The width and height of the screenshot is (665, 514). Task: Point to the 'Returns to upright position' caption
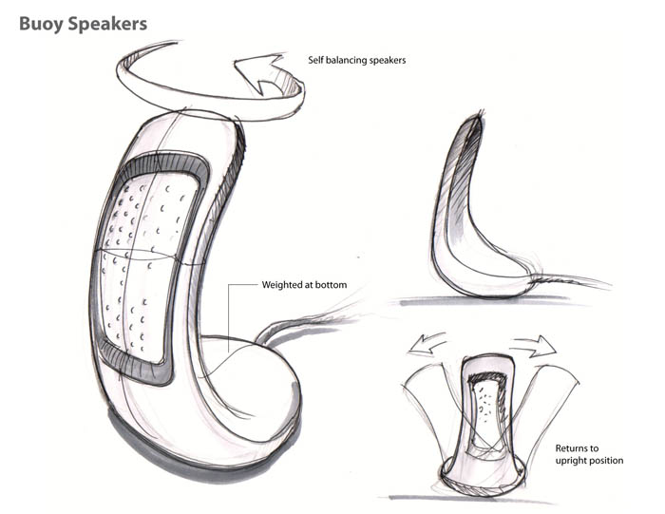588,453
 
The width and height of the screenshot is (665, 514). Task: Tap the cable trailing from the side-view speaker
570,280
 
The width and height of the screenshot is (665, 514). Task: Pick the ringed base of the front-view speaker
484,475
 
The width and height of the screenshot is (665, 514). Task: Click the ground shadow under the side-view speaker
494,302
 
